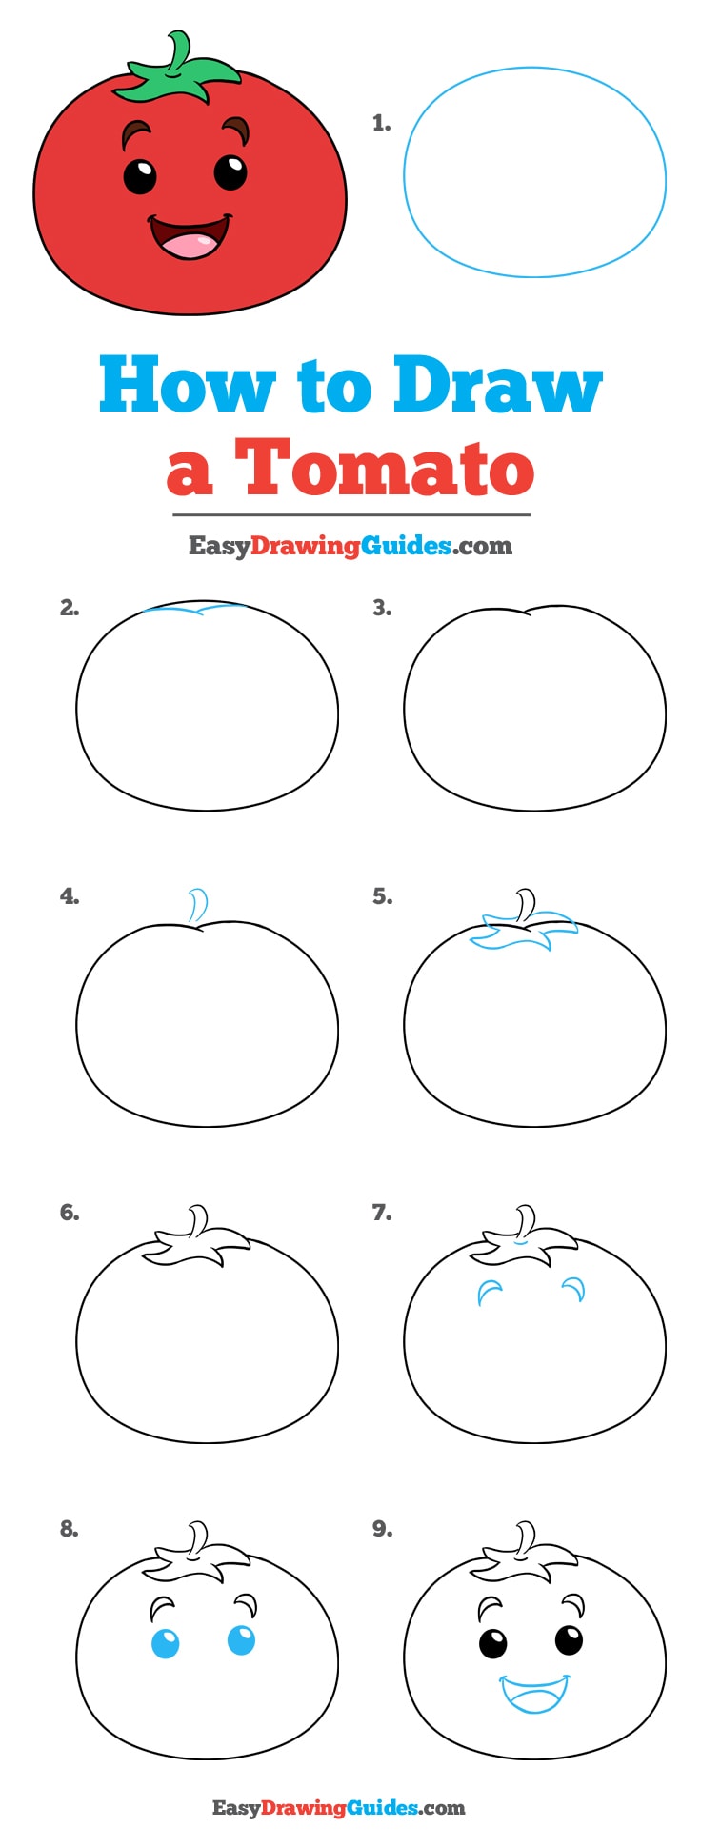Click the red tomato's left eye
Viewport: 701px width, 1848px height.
pyautogui.click(x=140, y=176)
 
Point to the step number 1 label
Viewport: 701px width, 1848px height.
pyautogui.click(x=381, y=123)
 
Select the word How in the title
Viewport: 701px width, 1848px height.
pyautogui.click(x=186, y=386)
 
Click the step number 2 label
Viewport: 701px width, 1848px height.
pyautogui.click(x=69, y=608)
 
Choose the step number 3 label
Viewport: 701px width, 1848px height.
pyautogui.click(x=381, y=608)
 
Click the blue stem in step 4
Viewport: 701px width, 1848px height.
pyautogui.click(x=199, y=905)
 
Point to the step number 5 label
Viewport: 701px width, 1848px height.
pyautogui.click(x=381, y=896)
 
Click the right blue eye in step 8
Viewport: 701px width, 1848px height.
pyautogui.click(x=241, y=1639)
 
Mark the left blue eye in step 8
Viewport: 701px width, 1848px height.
pyautogui.click(x=165, y=1643)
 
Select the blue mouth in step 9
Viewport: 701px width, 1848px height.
pyautogui.click(x=534, y=1694)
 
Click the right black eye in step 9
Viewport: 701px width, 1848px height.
pyautogui.click(x=569, y=1639)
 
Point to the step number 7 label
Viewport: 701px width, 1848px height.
pyautogui.click(x=381, y=1213)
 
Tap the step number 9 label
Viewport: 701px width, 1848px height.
pyautogui.click(x=381, y=1529)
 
